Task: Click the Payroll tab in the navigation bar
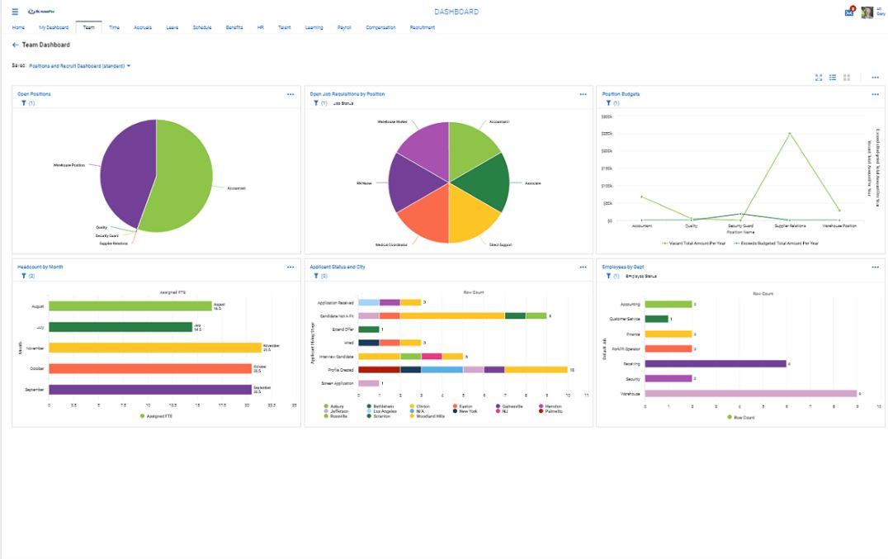pyautogui.click(x=344, y=27)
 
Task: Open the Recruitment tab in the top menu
pyautogui.click(x=422, y=27)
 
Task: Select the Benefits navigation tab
pyautogui.click(x=234, y=27)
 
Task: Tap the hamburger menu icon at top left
pyautogui.click(x=15, y=12)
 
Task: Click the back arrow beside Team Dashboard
pyautogui.click(x=15, y=45)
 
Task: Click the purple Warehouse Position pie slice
pyautogui.click(x=124, y=169)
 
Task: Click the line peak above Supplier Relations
pyautogui.click(x=789, y=133)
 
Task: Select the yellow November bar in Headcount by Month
pyautogui.click(x=154, y=348)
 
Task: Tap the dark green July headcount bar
pyautogui.click(x=120, y=327)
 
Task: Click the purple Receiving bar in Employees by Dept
pyautogui.click(x=715, y=363)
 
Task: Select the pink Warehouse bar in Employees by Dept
pyautogui.click(x=750, y=394)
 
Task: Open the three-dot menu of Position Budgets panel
pyautogui.click(x=875, y=94)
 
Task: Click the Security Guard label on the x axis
pyautogui.click(x=740, y=225)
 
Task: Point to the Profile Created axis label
pyautogui.click(x=340, y=370)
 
